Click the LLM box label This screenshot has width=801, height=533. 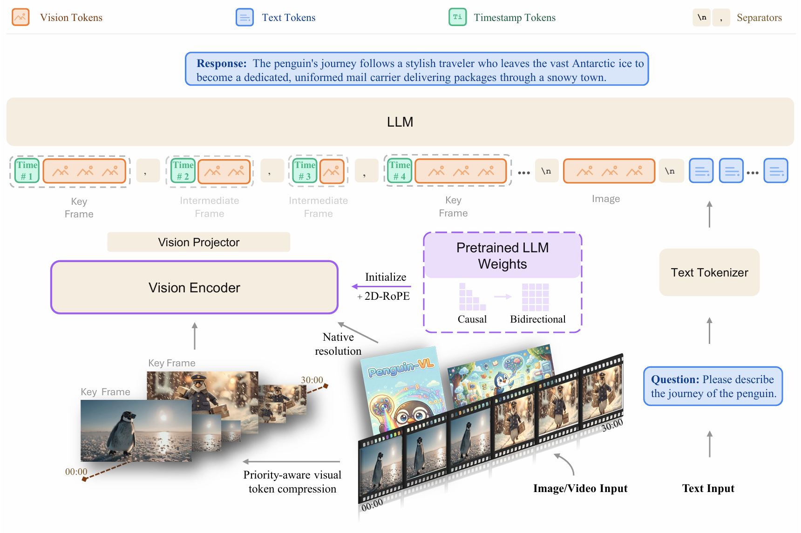point(400,122)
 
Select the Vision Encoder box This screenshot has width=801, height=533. point(194,287)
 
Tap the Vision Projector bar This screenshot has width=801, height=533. point(198,242)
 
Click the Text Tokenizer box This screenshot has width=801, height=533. point(709,272)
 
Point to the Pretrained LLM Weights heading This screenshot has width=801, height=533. point(502,256)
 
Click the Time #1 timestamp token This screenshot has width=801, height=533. point(27,171)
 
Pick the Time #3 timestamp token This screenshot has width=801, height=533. point(305,171)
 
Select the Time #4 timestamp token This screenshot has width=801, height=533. point(400,171)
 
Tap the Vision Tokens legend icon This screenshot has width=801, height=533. point(20,17)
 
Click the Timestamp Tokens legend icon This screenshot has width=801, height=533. point(457,17)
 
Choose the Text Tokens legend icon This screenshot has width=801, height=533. point(244,17)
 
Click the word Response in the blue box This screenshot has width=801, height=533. point(221,63)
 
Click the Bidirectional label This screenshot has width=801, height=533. point(538,319)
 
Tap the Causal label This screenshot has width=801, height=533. point(472,319)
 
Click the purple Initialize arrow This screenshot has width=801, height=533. point(381,286)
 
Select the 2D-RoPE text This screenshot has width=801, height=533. point(387,296)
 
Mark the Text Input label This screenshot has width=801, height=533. point(708,488)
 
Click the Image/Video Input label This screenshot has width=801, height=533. point(580,488)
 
